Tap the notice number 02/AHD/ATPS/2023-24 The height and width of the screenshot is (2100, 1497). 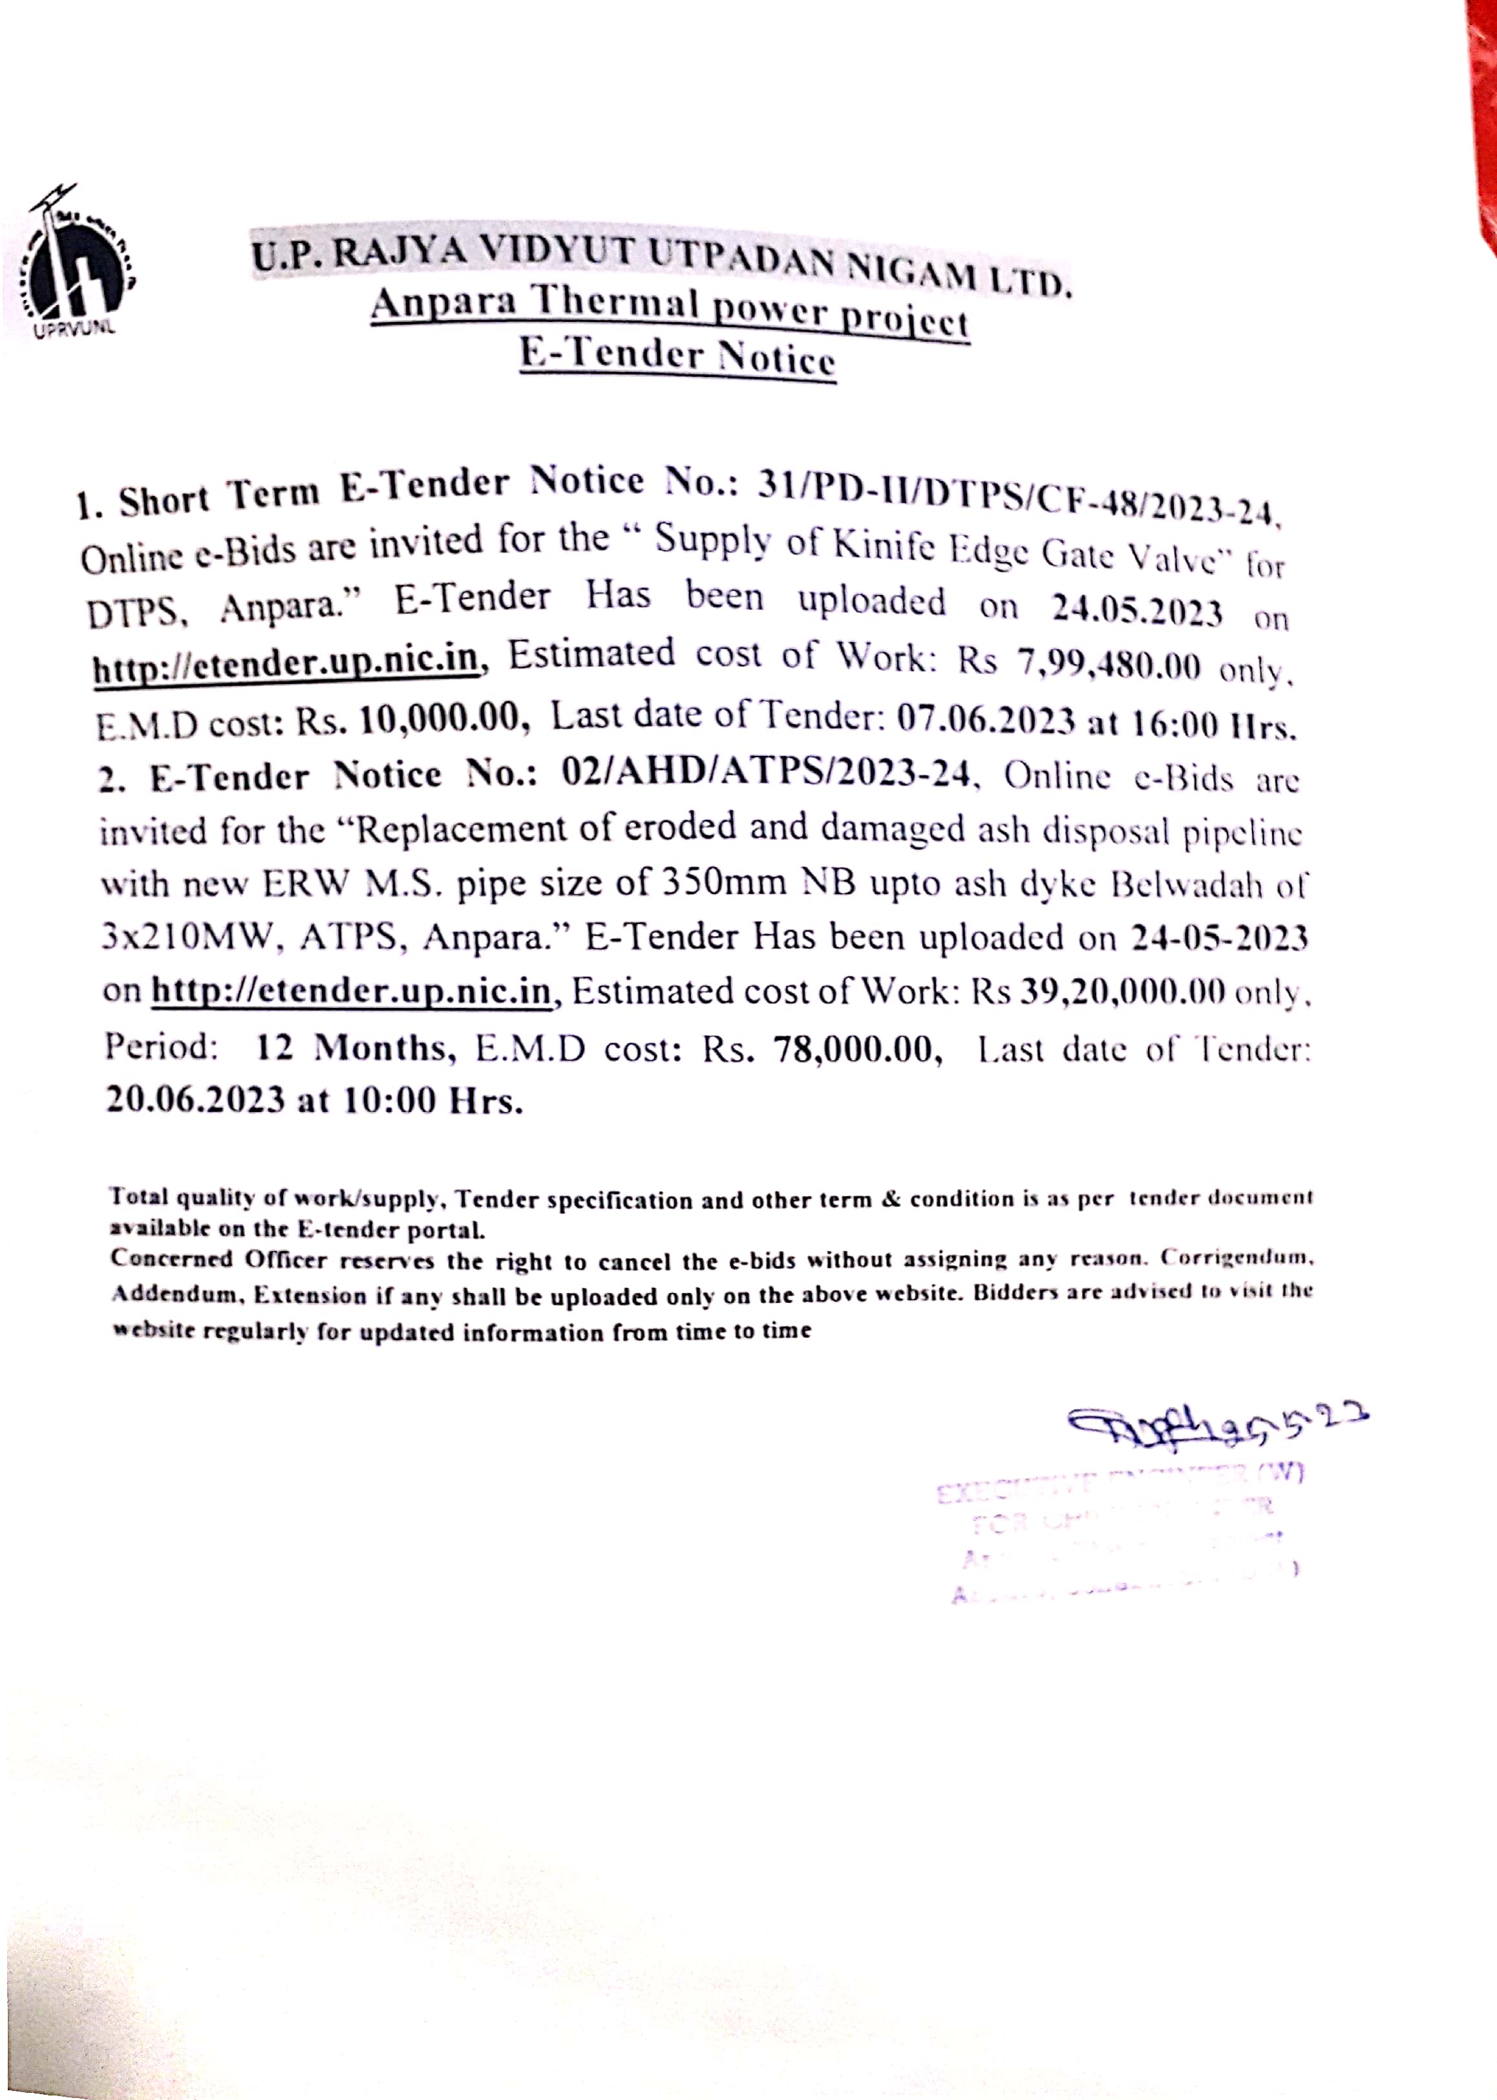766,775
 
